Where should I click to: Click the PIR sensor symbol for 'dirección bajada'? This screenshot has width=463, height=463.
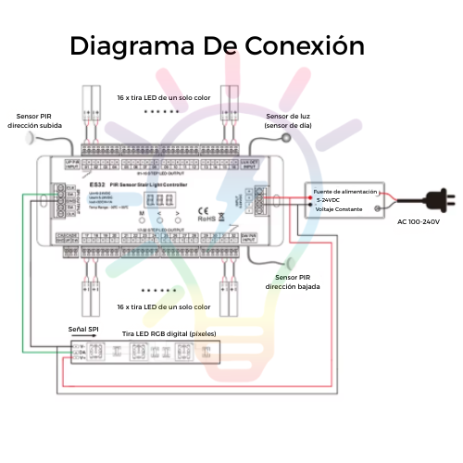286,261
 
